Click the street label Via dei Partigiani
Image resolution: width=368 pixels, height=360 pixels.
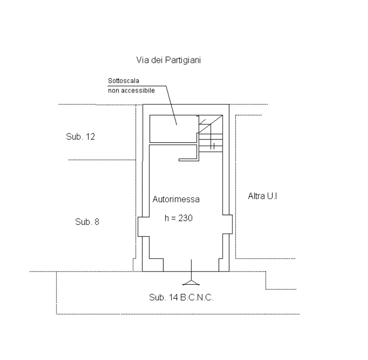(169, 60)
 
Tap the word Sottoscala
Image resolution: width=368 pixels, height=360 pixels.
(124, 81)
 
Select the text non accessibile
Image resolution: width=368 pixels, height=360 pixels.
(131, 90)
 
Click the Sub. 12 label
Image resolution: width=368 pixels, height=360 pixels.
(81, 136)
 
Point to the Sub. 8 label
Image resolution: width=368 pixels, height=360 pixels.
(87, 222)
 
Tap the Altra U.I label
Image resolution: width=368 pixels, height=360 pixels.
(262, 196)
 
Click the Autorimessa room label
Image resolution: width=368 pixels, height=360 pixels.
(176, 199)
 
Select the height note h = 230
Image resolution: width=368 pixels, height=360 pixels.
(179, 218)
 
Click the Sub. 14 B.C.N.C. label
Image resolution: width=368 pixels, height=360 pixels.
(181, 297)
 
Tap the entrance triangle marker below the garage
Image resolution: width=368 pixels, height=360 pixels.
(191, 283)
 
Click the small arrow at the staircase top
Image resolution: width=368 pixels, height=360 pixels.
(202, 122)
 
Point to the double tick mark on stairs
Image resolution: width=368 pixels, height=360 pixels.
(213, 146)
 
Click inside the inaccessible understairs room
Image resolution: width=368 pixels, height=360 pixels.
(173, 129)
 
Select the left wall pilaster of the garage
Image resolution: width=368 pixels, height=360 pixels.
(143, 226)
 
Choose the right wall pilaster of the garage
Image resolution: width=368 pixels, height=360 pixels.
(228, 224)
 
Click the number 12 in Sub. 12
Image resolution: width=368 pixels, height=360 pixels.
(91, 136)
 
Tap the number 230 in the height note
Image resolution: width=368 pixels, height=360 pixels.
(185, 218)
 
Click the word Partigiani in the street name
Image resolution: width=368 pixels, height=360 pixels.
(183, 60)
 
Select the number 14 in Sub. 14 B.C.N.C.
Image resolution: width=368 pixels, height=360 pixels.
(174, 297)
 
